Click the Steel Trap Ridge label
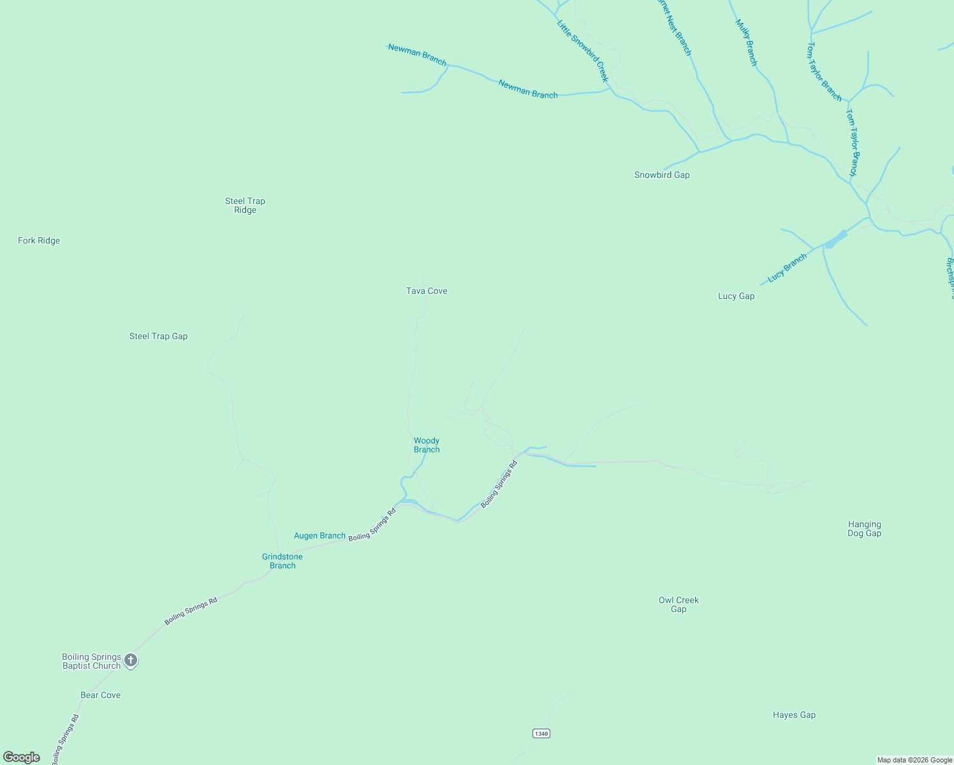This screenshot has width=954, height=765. point(245,205)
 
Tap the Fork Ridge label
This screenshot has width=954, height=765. point(39,240)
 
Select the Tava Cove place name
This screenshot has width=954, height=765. point(427,291)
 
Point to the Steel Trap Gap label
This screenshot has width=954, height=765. point(158,336)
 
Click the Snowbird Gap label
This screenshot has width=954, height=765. point(662,175)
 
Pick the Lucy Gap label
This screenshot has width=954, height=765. point(736,296)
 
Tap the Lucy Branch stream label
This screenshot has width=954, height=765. point(787,267)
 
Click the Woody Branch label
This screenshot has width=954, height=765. point(427,445)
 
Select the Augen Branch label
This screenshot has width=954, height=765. point(319,535)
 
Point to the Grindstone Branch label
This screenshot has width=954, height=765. point(283,561)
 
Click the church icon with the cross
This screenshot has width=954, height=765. point(131,660)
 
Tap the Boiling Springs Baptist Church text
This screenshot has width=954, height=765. point(91,661)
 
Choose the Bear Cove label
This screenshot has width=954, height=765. point(100,695)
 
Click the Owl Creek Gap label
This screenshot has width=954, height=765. point(679,604)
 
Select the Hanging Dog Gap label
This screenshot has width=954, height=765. point(864,528)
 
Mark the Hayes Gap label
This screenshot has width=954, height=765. point(794,715)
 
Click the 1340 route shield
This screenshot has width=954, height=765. point(541,733)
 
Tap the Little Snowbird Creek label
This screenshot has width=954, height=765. point(583,51)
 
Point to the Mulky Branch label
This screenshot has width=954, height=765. point(746,43)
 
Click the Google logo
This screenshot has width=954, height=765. point(22,757)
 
